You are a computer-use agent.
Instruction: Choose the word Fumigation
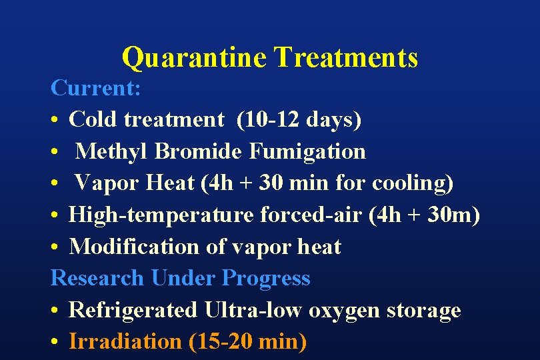click(307, 151)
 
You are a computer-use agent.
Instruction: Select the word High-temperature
click(161, 215)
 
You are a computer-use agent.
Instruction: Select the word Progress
click(267, 278)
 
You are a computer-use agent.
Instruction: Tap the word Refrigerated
click(134, 310)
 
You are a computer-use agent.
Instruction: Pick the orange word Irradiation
click(125, 341)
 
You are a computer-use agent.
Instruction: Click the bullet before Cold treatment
click(56, 120)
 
